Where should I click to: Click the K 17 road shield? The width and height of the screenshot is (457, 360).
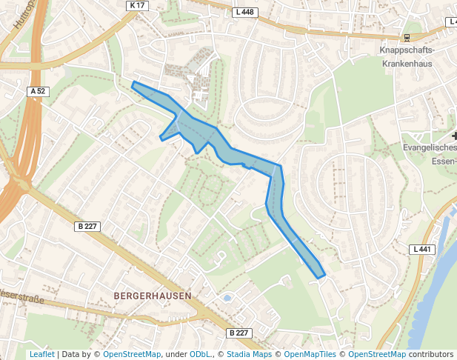point(137,5)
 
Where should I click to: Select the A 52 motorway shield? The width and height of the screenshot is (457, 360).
point(38,91)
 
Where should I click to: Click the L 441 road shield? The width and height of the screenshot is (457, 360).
point(422,250)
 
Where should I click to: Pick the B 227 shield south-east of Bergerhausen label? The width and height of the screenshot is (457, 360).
point(238,333)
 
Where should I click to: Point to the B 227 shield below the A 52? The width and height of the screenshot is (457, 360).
point(88,226)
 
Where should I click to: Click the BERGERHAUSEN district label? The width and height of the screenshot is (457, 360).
point(153,296)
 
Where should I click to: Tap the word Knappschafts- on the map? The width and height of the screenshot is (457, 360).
point(407,50)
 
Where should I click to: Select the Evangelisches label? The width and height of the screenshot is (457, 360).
point(430,148)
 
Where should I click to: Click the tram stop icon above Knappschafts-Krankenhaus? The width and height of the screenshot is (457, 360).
point(406,37)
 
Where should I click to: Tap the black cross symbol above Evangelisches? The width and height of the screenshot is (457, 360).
point(454,136)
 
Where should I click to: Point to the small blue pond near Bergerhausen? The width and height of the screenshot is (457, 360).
point(227,298)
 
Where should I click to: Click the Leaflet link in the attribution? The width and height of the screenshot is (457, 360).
point(41,354)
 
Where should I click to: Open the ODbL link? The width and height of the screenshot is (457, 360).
point(199,354)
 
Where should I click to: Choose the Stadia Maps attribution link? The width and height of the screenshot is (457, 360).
point(249,354)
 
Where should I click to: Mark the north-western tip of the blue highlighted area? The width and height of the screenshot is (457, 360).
point(133,83)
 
